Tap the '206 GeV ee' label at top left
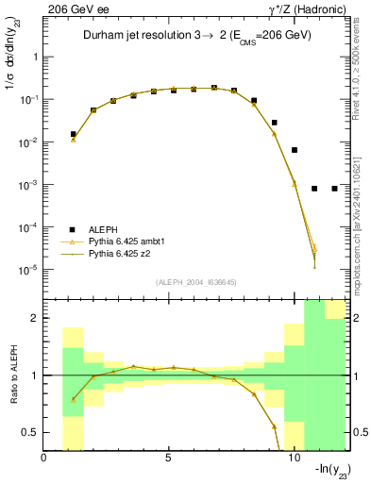click(73, 8)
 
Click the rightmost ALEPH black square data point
click(334, 189)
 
